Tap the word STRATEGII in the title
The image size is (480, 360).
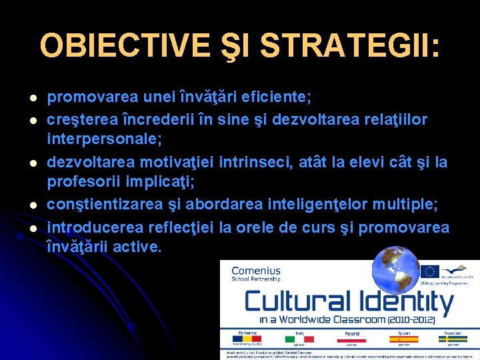[x=349, y=46]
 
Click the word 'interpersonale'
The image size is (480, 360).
[x=104, y=141]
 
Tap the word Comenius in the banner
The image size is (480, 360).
[x=255, y=271]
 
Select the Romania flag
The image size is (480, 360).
[x=248, y=339]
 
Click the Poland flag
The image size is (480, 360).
[x=351, y=339]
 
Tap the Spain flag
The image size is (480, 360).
[x=404, y=339]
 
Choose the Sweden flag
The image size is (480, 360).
[x=453, y=339]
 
